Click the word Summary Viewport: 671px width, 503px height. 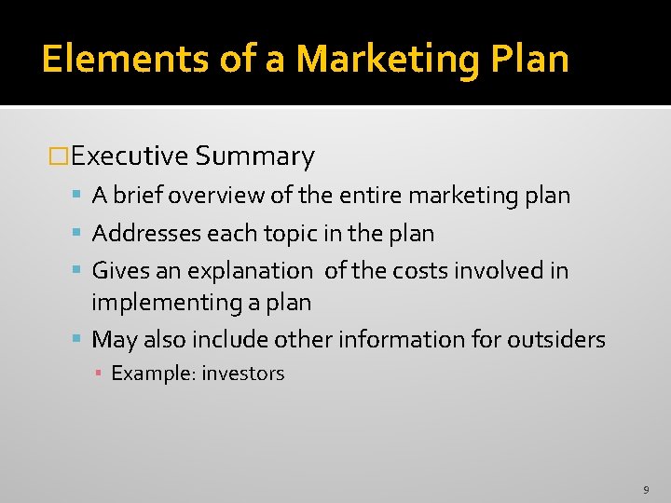[x=255, y=156]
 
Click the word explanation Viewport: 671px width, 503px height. [x=250, y=271]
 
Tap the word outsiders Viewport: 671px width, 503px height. [x=556, y=339]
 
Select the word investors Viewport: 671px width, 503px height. [x=243, y=374]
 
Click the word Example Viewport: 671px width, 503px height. [x=151, y=374]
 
